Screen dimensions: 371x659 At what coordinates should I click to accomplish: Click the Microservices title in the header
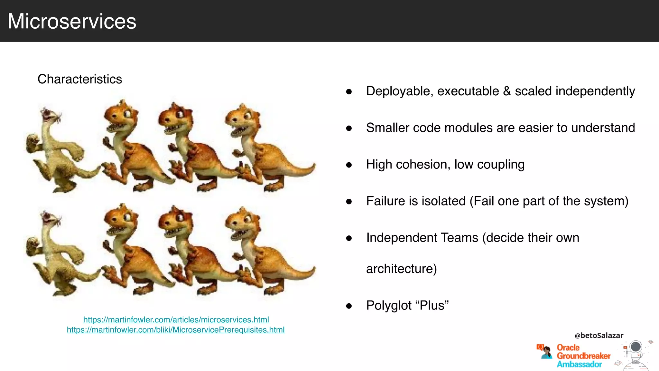72,21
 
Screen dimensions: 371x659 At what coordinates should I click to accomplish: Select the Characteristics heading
80,79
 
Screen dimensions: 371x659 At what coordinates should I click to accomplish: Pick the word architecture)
401,269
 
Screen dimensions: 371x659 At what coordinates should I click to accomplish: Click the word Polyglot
389,306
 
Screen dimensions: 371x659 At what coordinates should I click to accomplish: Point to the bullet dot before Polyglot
349,306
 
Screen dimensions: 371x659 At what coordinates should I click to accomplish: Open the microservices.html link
176,320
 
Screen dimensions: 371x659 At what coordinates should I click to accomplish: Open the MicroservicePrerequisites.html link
176,330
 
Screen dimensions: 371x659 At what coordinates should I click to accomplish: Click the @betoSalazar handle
599,336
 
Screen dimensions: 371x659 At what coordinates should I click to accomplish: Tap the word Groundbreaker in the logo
583,356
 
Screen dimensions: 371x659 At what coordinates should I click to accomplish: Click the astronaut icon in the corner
635,354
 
